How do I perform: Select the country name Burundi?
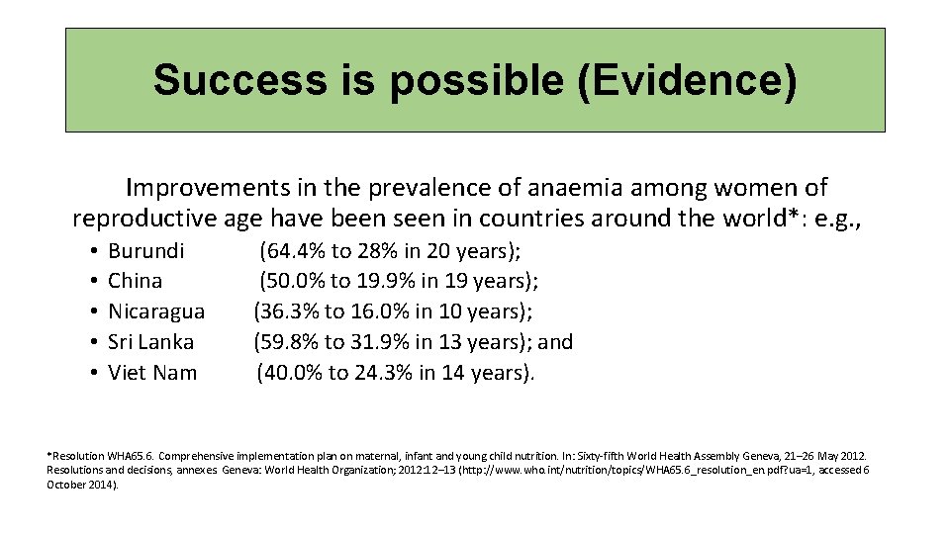click(x=146, y=251)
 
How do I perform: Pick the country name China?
click(x=136, y=282)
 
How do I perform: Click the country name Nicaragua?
click(x=156, y=312)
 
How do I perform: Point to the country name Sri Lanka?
click(x=151, y=342)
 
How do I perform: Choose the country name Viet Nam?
click(x=152, y=373)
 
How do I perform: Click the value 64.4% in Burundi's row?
click(x=294, y=251)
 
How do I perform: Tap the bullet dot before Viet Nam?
click(x=90, y=374)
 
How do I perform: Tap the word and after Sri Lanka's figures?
click(x=555, y=342)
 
